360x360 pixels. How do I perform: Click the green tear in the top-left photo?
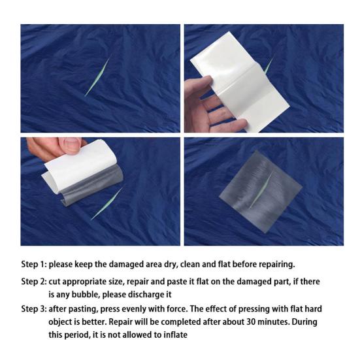tap(98, 76)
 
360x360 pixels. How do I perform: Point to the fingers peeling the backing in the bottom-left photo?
tap(56, 146)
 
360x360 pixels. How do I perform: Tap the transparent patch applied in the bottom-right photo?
tap(259, 187)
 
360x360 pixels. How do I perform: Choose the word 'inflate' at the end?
tap(172, 335)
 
